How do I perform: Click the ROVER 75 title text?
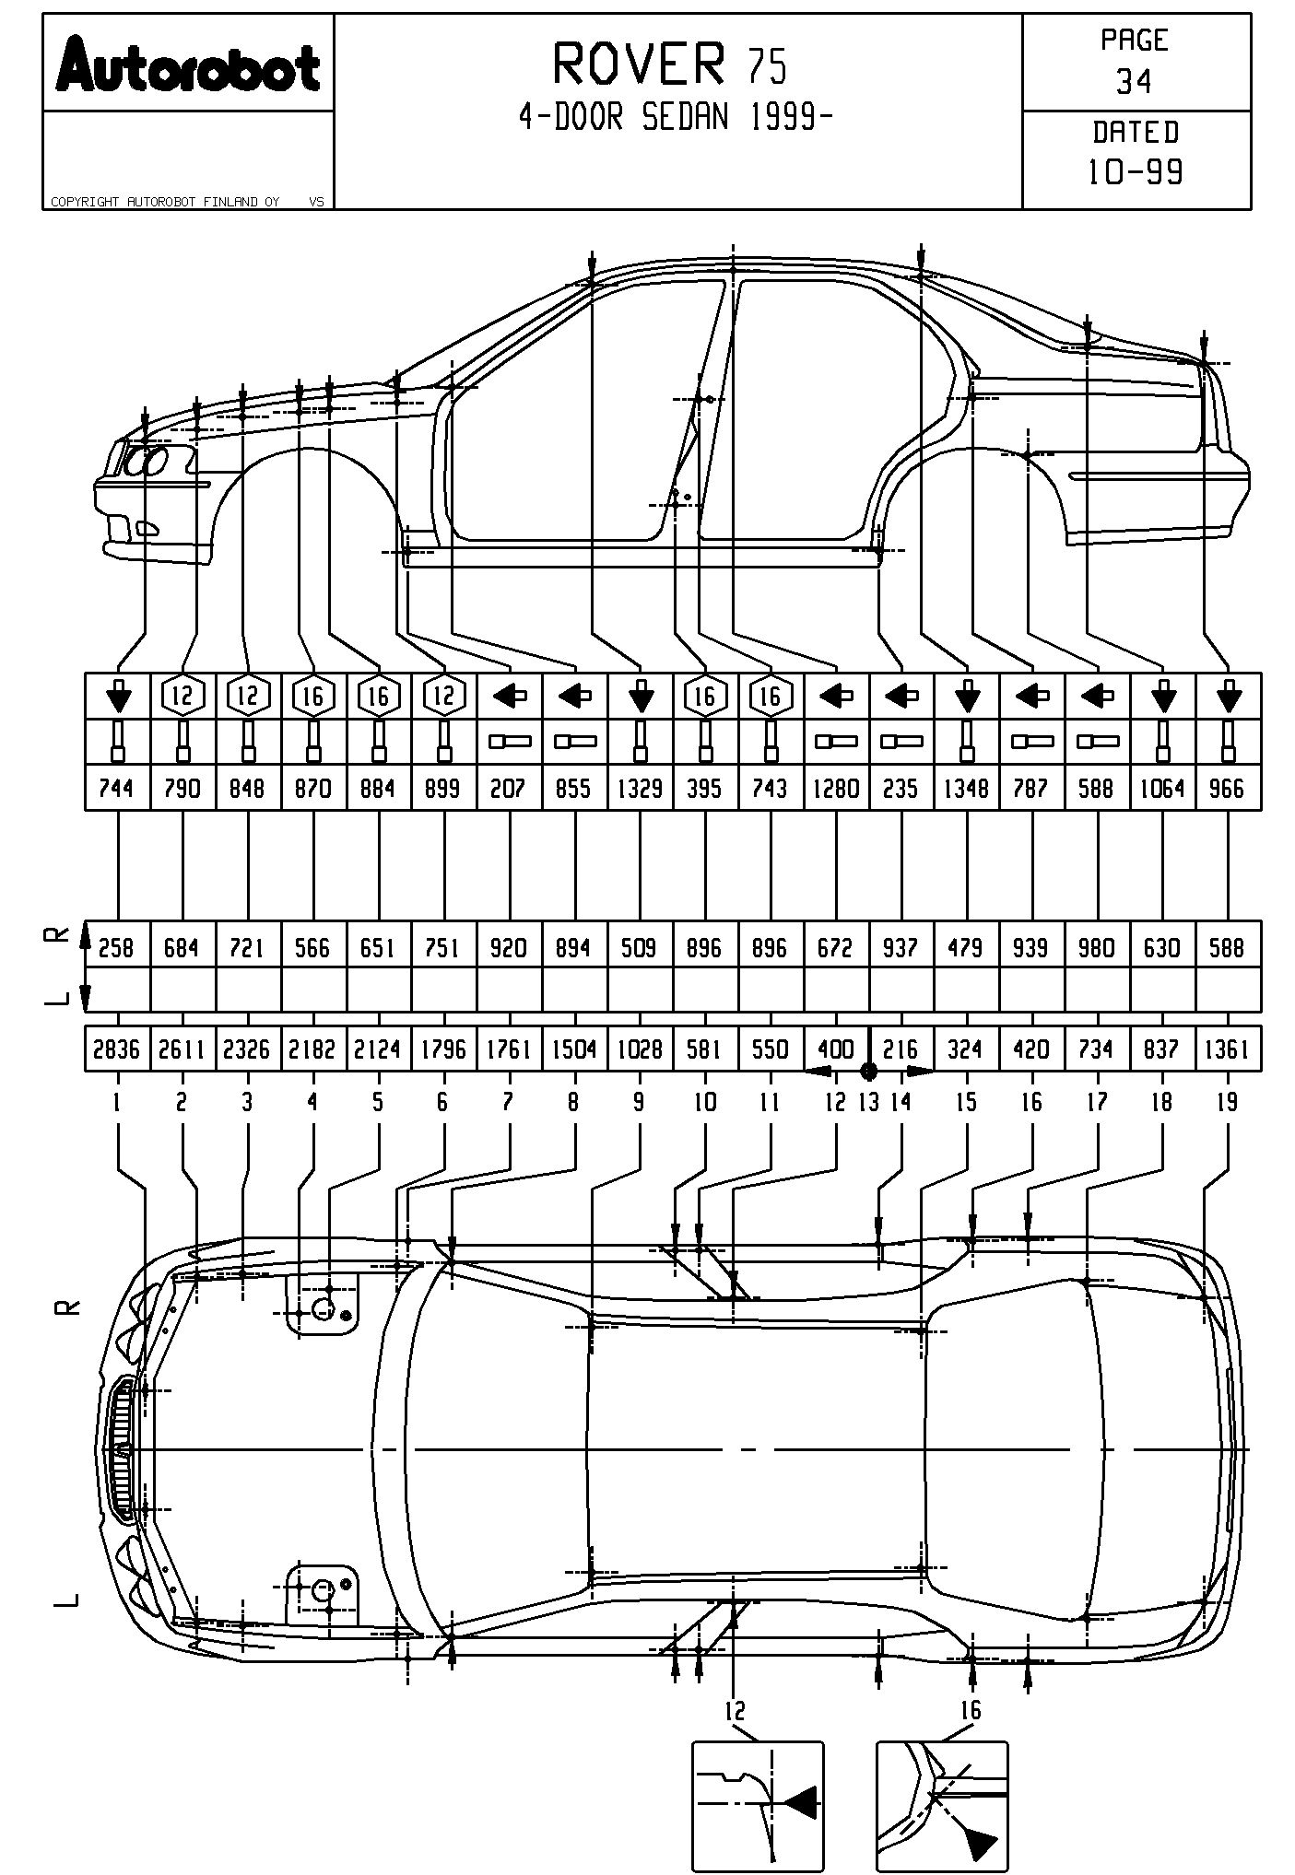[670, 64]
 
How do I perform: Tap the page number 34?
[1134, 82]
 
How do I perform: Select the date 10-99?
[1136, 171]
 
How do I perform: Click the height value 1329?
[640, 789]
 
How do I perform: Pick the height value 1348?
[966, 789]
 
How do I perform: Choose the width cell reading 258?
[116, 948]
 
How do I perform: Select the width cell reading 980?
[1096, 948]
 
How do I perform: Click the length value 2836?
[116, 1049]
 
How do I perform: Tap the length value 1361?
[1227, 1049]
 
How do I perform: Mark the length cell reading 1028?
[640, 1049]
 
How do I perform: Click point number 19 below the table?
[1227, 1102]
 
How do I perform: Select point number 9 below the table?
[639, 1102]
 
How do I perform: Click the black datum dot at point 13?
[868, 1071]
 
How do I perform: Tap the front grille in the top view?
[121, 1449]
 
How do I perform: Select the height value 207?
[508, 789]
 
